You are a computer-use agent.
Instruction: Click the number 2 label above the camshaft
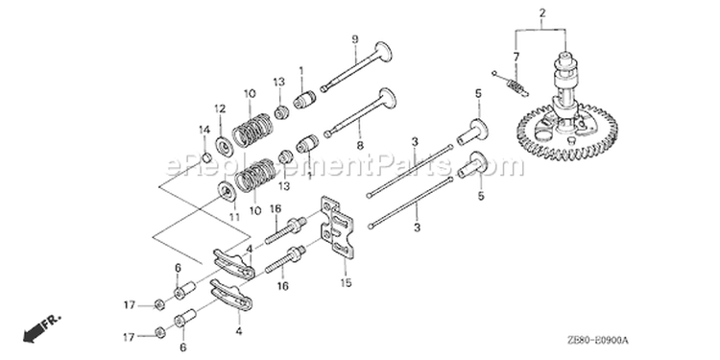(x=542, y=12)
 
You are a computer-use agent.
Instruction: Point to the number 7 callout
(x=516, y=57)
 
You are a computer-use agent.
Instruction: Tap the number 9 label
(x=355, y=39)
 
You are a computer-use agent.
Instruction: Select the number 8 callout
(x=360, y=146)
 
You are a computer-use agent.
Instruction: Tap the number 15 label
(x=346, y=282)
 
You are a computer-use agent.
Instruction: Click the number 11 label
(x=234, y=217)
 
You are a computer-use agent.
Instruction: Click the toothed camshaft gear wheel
(x=567, y=136)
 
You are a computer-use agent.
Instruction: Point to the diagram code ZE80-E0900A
(x=597, y=340)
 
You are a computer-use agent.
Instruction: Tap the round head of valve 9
(x=384, y=52)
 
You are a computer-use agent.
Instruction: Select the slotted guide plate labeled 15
(x=338, y=225)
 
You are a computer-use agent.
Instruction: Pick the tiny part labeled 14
(x=207, y=158)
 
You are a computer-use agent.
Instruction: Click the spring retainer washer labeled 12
(x=223, y=148)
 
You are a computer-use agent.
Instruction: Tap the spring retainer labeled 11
(x=227, y=191)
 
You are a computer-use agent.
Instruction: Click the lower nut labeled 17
(x=160, y=332)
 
